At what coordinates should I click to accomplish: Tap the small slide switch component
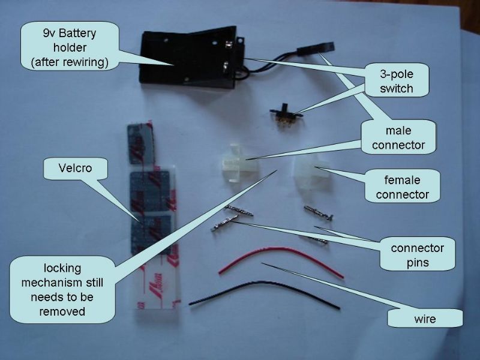286,116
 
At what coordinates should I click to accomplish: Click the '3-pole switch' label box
397,81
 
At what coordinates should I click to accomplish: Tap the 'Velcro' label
76,169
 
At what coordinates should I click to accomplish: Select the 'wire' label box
425,319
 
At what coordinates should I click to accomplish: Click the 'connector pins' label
418,254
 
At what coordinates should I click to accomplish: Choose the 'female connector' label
402,187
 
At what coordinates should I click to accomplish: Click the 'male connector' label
398,137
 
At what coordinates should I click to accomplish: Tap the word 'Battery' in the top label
77,33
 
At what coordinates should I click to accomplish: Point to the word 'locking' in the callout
62,268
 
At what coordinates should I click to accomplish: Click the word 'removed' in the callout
62,311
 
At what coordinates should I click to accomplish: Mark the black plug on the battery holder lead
316,49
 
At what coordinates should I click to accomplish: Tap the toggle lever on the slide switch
286,108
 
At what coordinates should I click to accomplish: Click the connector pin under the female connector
319,212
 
